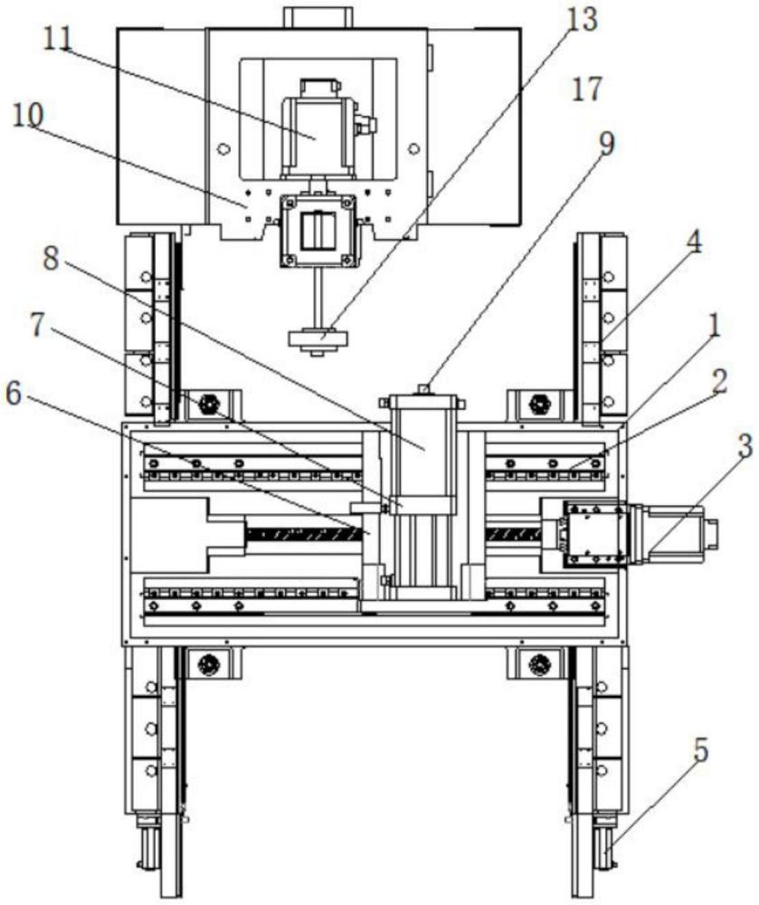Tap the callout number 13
[583, 21]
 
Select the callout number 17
[586, 90]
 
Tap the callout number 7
[37, 326]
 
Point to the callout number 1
[714, 328]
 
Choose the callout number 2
[719, 382]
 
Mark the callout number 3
[745, 446]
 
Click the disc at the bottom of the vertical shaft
[318, 338]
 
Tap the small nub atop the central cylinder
[424, 388]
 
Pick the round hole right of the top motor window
[413, 149]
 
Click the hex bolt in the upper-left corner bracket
[207, 405]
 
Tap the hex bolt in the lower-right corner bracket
[540, 663]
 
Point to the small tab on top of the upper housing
[318, 16]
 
